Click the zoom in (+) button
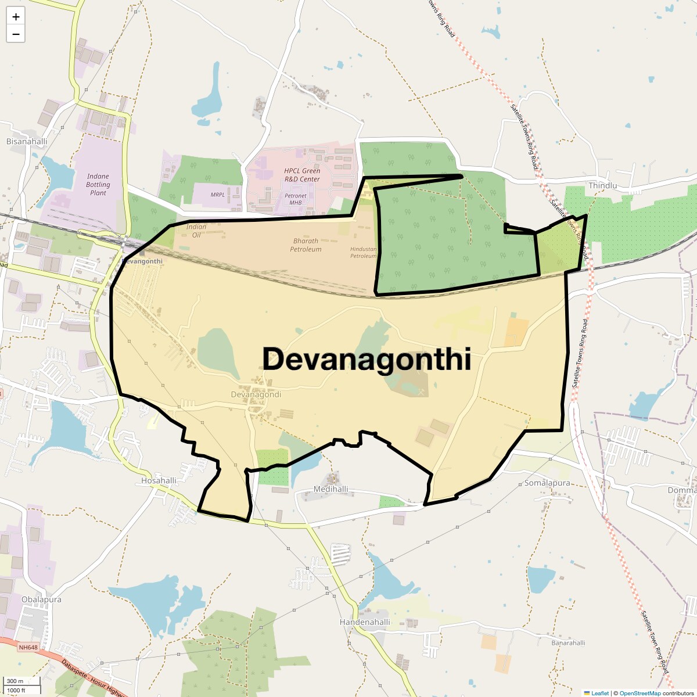coord(16,17)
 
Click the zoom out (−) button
coord(16,34)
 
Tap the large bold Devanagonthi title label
coord(366,359)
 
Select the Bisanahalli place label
coord(27,142)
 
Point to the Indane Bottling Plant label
coord(98,185)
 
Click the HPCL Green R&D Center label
coord(302,175)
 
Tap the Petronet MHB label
coord(296,199)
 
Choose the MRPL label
coord(218,195)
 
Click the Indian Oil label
coord(196,231)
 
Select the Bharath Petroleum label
coord(306,245)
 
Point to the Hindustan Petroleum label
coord(363,253)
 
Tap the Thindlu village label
coord(602,185)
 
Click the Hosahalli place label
coord(159,480)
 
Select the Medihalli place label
coord(330,489)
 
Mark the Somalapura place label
coord(547,483)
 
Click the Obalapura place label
coord(41,599)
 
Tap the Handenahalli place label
coord(365,622)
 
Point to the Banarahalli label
coord(568,643)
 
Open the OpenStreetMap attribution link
coord(639,693)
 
